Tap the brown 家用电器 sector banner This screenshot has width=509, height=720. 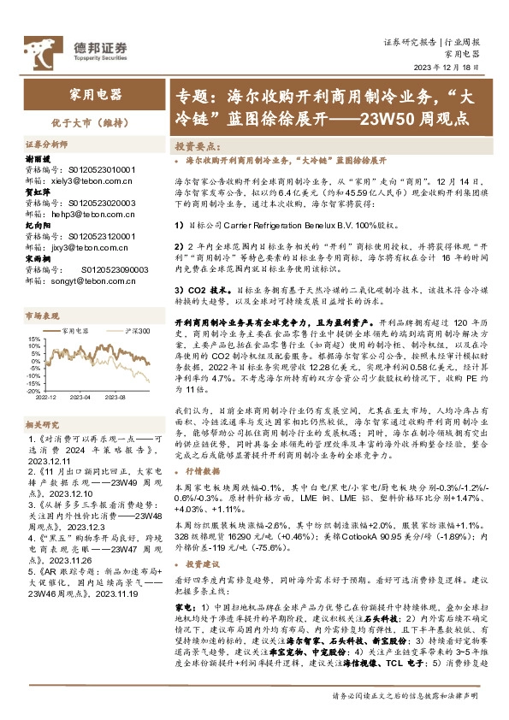click(94, 94)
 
